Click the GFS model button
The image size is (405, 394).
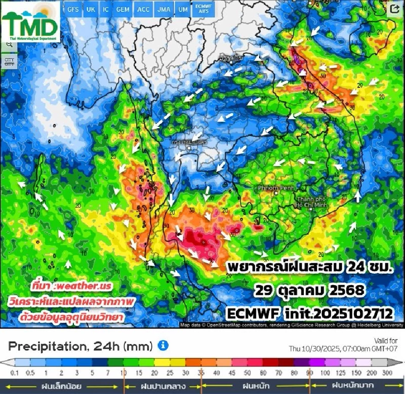[73, 9]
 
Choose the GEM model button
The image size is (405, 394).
[123, 9]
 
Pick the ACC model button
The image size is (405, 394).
[143, 9]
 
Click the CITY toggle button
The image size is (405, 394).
[9, 62]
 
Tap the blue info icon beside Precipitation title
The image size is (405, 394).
[163, 346]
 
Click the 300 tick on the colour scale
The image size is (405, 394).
[387, 373]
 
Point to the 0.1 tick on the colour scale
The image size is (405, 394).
[14, 373]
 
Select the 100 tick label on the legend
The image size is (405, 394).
[325, 373]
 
